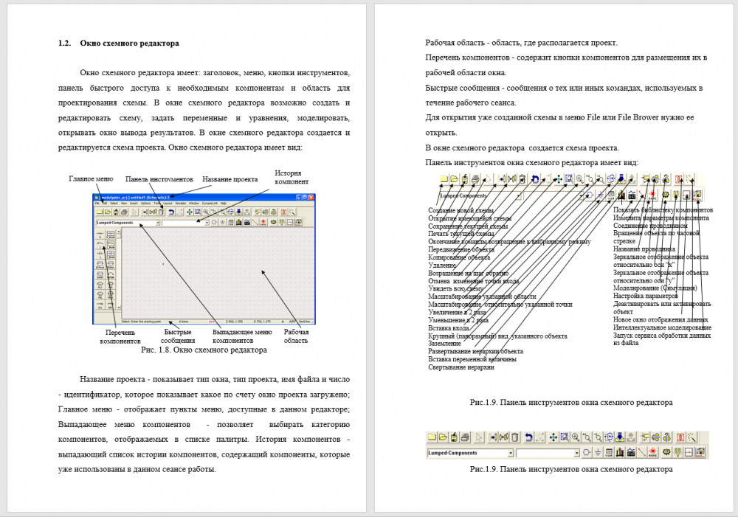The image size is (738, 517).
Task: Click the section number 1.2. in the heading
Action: click(64, 44)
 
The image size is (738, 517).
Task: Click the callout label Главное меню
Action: click(91, 179)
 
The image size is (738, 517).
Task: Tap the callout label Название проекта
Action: click(230, 179)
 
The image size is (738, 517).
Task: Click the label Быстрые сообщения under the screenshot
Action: click(178, 336)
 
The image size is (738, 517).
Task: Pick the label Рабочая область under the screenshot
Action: click(297, 336)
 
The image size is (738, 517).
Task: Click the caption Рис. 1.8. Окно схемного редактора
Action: click(203, 350)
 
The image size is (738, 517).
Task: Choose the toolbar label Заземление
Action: click(445, 343)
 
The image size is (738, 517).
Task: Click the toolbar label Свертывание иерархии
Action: click(461, 367)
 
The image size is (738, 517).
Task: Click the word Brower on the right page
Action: click(652, 118)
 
